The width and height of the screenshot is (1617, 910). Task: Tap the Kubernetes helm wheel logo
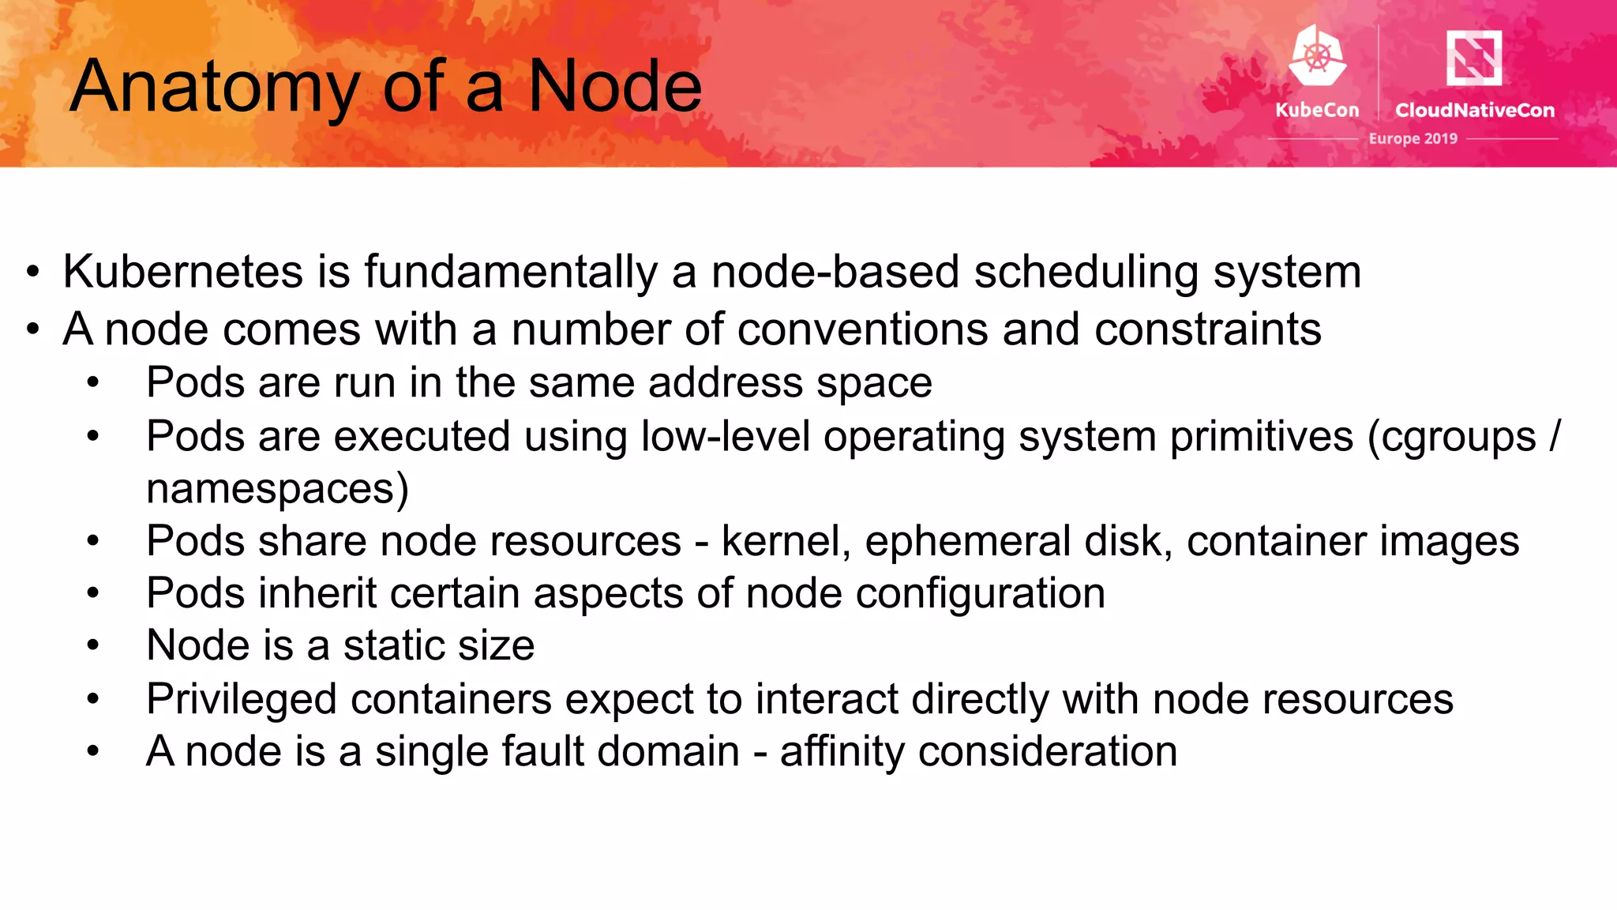pos(1317,55)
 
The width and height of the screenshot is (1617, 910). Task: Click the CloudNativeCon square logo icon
pos(1473,57)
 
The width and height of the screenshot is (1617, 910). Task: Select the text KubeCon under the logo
pos(1317,110)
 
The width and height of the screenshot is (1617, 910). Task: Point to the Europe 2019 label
pos(1413,138)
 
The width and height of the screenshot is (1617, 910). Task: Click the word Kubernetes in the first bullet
pos(182,272)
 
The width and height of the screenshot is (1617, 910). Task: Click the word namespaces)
pos(277,489)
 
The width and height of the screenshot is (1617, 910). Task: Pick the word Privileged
pos(241,700)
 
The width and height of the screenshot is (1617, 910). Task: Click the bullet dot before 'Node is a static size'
pos(93,646)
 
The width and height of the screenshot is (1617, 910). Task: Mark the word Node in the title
pos(614,87)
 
